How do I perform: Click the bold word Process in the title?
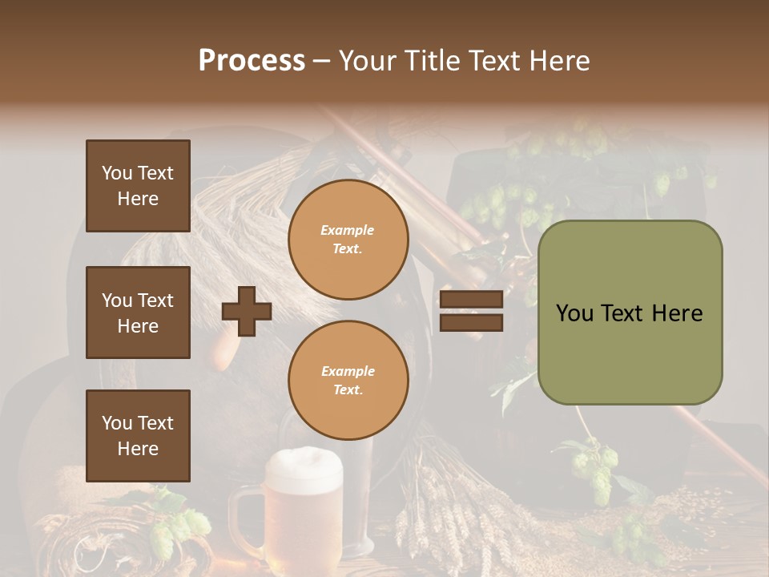click(x=252, y=60)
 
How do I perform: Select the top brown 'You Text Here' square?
click(x=138, y=186)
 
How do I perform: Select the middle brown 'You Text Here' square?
click(x=138, y=313)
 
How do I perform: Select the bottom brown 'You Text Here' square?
click(x=138, y=435)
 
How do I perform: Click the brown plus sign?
click(x=247, y=311)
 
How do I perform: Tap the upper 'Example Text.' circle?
click(x=348, y=239)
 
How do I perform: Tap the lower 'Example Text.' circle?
click(x=348, y=380)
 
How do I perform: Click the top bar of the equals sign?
click(x=471, y=299)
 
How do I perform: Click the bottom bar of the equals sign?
click(x=471, y=322)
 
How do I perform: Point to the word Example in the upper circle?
click(x=348, y=230)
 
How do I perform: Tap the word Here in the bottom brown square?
click(x=138, y=449)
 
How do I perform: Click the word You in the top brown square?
click(x=117, y=173)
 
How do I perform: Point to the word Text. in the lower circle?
click(x=348, y=389)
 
